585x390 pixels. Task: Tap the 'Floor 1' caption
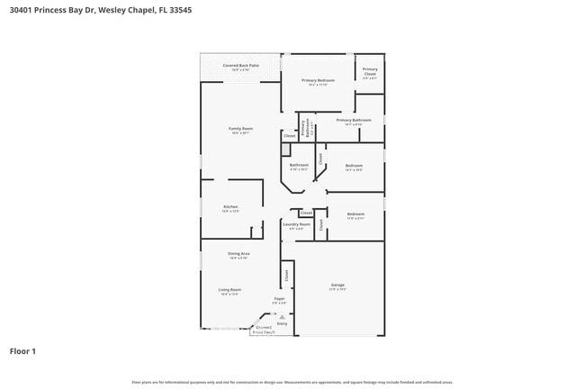click(22, 350)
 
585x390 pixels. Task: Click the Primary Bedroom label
click(318, 82)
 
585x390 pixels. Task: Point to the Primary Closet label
click(370, 71)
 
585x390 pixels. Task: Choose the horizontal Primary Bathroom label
click(354, 121)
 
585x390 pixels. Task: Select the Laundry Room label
click(296, 225)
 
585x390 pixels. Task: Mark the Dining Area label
click(238, 256)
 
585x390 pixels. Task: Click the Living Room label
click(229, 291)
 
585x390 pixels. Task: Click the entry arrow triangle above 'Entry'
click(282, 317)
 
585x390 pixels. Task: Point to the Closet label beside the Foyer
click(286, 275)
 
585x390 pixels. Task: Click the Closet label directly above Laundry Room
click(306, 213)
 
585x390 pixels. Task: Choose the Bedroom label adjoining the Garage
click(355, 215)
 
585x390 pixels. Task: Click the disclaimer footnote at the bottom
click(292, 382)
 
